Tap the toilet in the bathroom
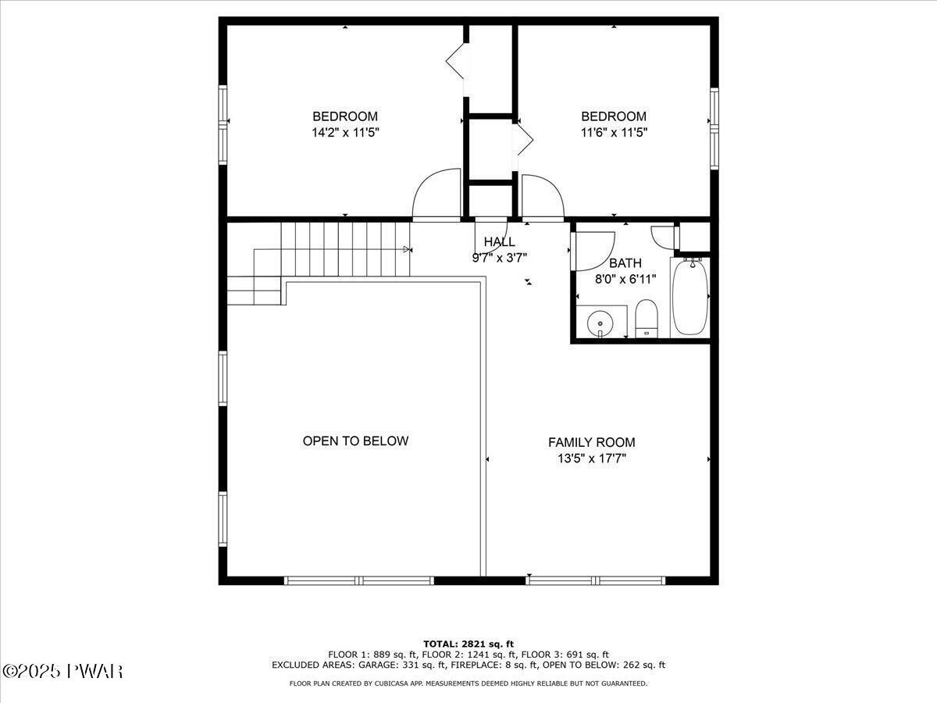click(647, 319)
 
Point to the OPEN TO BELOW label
click(355, 441)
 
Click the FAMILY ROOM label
click(591, 442)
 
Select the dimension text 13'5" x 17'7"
click(591, 459)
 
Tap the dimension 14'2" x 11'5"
click(345, 132)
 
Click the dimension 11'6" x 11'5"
click(613, 132)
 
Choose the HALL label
click(499, 241)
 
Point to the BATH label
click(625, 263)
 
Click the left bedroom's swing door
click(436, 195)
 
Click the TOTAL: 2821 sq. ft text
click(468, 644)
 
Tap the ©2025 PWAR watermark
click(63, 671)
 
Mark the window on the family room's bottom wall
click(596, 580)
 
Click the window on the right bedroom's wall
click(714, 129)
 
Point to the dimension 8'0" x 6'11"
click(625, 278)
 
